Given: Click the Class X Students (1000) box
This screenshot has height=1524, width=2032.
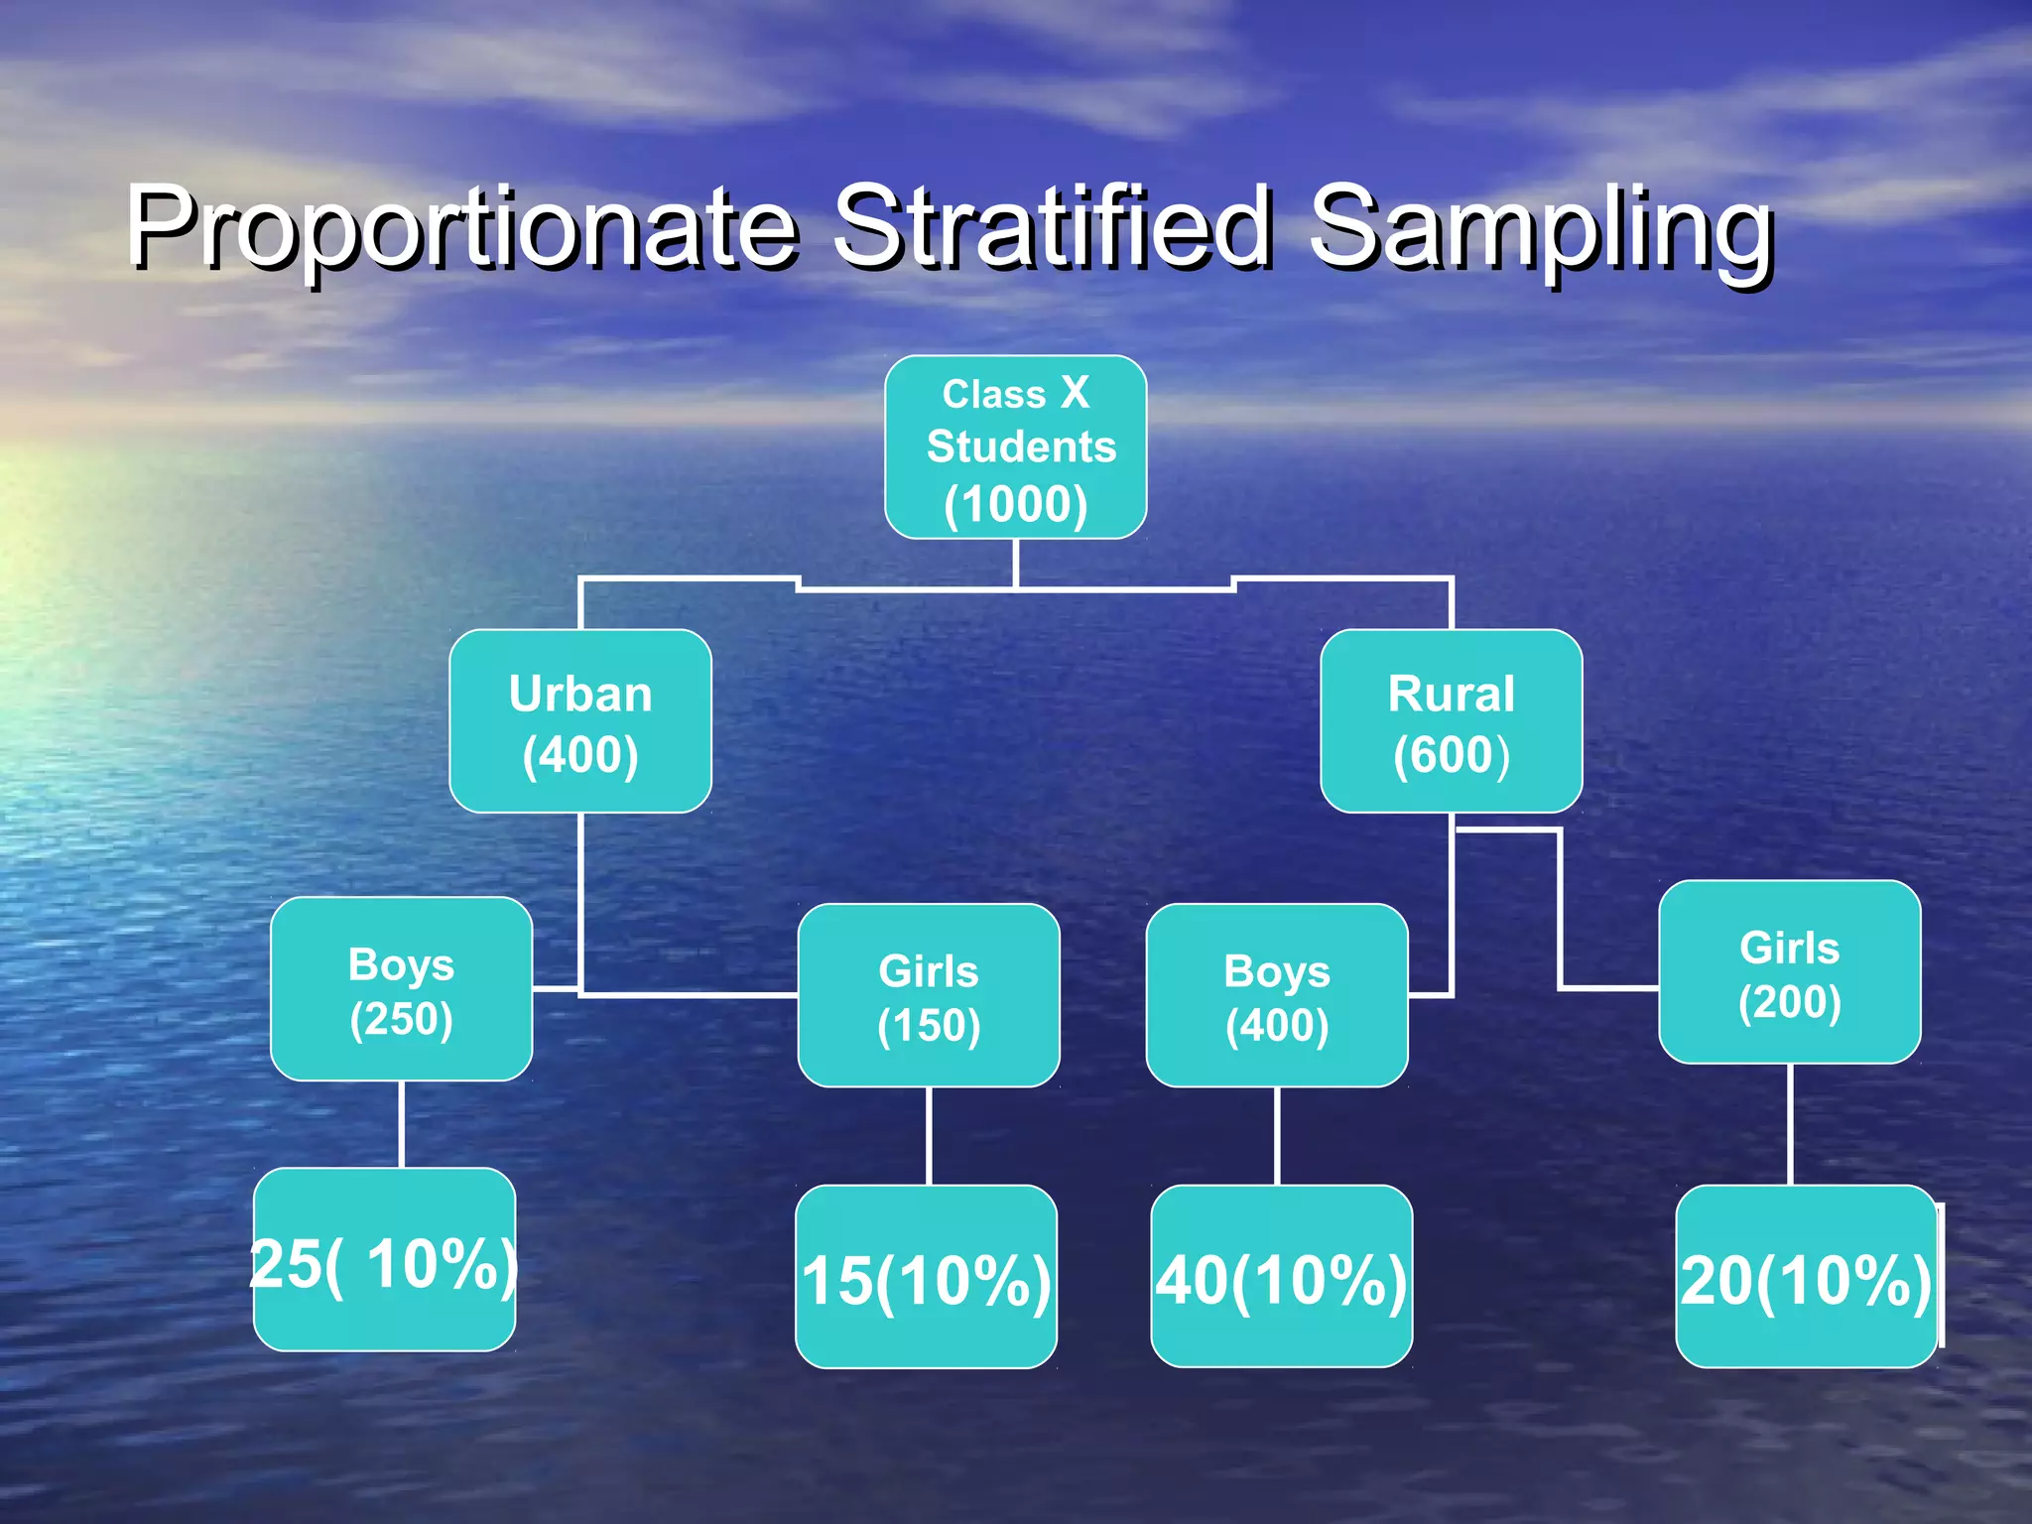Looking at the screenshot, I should click(x=1015, y=446).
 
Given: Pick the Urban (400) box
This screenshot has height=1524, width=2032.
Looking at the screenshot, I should click(x=580, y=721).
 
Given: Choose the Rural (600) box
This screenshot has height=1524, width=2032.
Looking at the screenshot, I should click(x=1451, y=721).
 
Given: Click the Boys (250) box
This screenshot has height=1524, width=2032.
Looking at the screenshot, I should click(x=401, y=989).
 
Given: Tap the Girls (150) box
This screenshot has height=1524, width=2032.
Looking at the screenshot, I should click(x=928, y=995).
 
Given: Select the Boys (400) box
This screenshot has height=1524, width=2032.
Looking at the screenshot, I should click(x=1277, y=995).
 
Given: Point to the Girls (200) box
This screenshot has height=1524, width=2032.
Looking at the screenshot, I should click(x=1789, y=972).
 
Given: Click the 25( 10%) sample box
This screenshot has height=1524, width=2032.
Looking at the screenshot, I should click(x=384, y=1260).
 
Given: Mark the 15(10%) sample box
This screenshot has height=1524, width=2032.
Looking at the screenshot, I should click(x=926, y=1277).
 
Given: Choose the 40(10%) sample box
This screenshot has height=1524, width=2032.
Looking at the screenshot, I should click(x=1281, y=1277).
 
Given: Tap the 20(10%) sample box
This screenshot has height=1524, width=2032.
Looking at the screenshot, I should click(x=1806, y=1277).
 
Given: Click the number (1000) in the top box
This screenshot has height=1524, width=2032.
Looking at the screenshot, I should click(x=1015, y=504).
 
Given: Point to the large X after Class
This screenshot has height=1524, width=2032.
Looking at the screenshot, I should click(x=1075, y=392).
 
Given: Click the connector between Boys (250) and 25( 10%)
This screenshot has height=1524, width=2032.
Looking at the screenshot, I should click(x=401, y=1124).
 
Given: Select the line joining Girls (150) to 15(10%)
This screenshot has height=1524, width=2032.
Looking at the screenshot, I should click(x=929, y=1136).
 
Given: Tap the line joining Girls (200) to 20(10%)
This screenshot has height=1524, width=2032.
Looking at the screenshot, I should click(x=1790, y=1124).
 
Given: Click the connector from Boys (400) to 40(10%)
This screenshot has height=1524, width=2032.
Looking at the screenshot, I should click(x=1277, y=1136).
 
